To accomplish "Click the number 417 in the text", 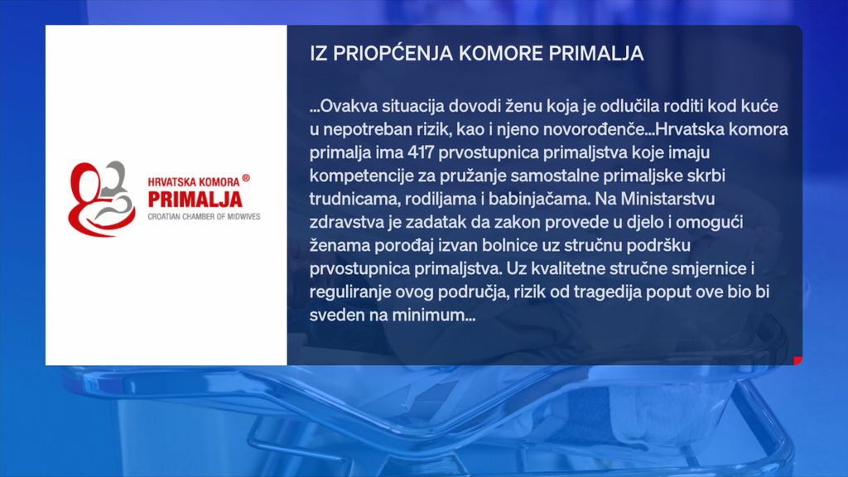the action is coord(421,152).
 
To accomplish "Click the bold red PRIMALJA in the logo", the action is coord(195,200).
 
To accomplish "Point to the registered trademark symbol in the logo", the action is coord(246,178).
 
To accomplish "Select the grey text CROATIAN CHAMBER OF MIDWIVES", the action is coord(204,217).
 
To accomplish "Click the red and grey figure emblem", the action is coord(101,199).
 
